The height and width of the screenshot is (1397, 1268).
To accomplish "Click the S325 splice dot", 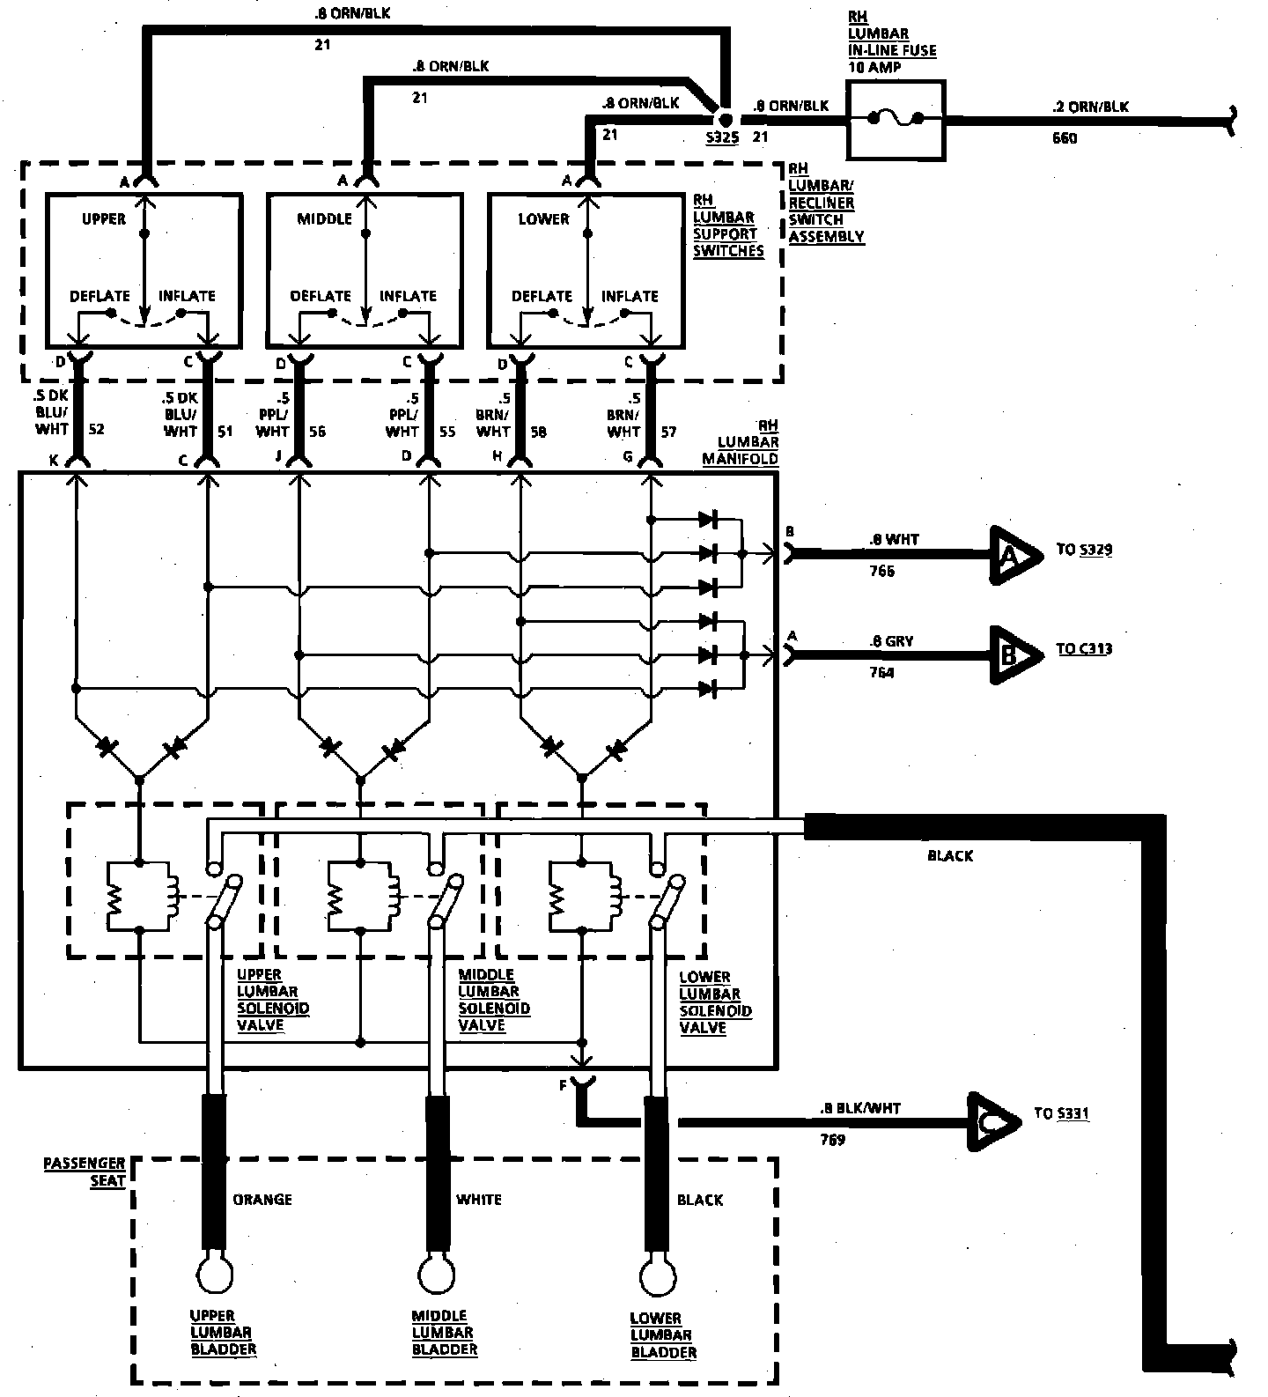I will pyautogui.click(x=725, y=118).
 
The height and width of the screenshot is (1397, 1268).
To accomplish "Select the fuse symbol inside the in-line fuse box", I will pyautogui.click(x=896, y=118).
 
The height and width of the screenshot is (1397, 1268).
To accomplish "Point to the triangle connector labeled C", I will pyautogui.click(x=992, y=1121).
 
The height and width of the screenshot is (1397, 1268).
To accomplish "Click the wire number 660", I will pyautogui.click(x=1064, y=138).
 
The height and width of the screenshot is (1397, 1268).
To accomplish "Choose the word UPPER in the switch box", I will pyautogui.click(x=104, y=218).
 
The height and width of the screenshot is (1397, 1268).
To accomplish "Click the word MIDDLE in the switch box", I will pyautogui.click(x=324, y=218).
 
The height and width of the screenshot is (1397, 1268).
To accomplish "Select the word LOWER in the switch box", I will pyautogui.click(x=543, y=218).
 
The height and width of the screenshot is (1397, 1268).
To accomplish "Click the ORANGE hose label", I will pyautogui.click(x=262, y=1199).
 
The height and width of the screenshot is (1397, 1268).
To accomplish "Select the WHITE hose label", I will pyautogui.click(x=479, y=1199).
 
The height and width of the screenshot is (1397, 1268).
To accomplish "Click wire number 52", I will pyautogui.click(x=96, y=429).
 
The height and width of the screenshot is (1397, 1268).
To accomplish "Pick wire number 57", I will pyautogui.click(x=668, y=431).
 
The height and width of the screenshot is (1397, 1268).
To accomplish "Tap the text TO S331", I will pyautogui.click(x=1061, y=1113).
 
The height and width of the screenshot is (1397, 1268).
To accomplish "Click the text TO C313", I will pyautogui.click(x=1084, y=649).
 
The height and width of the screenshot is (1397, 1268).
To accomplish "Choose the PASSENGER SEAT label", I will pyautogui.click(x=85, y=1172).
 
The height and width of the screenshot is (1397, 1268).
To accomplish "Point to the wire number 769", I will pyautogui.click(x=831, y=1140).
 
